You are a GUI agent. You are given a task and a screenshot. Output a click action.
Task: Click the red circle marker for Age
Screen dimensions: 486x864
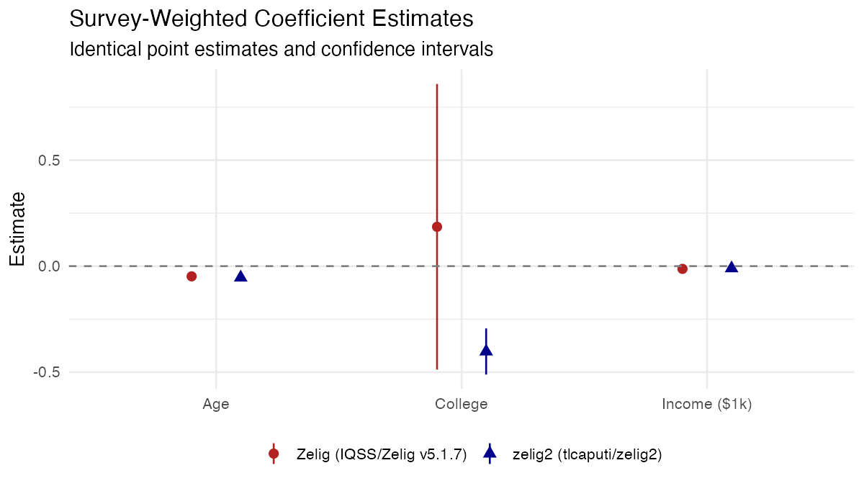[x=192, y=276]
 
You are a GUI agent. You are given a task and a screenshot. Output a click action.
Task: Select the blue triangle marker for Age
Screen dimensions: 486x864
[x=240, y=276]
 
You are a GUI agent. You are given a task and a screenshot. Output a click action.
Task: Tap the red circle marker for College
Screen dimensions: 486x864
[x=437, y=227]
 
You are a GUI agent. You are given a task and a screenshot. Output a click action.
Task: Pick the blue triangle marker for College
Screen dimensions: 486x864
[x=486, y=351]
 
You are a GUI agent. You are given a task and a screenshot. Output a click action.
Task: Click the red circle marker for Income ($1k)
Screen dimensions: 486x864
[x=683, y=269]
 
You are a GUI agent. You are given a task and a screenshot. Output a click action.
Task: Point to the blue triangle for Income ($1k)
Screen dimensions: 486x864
[x=732, y=267]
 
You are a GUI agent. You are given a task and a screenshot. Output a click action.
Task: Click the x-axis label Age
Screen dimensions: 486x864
[x=216, y=404]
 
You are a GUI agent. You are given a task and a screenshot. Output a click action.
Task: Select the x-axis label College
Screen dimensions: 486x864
[x=462, y=404]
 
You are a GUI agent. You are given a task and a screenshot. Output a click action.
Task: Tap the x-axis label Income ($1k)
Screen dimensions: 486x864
[x=706, y=404]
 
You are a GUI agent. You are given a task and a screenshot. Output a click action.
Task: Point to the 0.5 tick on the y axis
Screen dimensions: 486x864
[x=48, y=160]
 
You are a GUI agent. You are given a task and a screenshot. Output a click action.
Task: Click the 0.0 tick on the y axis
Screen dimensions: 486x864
[x=48, y=266]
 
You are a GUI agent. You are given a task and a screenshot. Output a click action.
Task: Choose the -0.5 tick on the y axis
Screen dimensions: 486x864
[x=46, y=372]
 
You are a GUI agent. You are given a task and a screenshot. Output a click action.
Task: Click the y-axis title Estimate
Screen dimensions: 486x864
[x=18, y=229]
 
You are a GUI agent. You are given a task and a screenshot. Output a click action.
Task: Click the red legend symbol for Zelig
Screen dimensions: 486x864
[x=274, y=454]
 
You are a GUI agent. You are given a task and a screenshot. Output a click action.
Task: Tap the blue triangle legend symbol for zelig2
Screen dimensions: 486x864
[x=490, y=454]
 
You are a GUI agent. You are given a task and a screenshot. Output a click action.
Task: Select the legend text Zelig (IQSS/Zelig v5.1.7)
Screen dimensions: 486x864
[x=382, y=454]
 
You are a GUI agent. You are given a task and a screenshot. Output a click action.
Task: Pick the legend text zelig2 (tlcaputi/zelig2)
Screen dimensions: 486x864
[x=587, y=454]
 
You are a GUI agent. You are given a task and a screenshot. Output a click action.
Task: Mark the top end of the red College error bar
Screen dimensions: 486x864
[x=437, y=84]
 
